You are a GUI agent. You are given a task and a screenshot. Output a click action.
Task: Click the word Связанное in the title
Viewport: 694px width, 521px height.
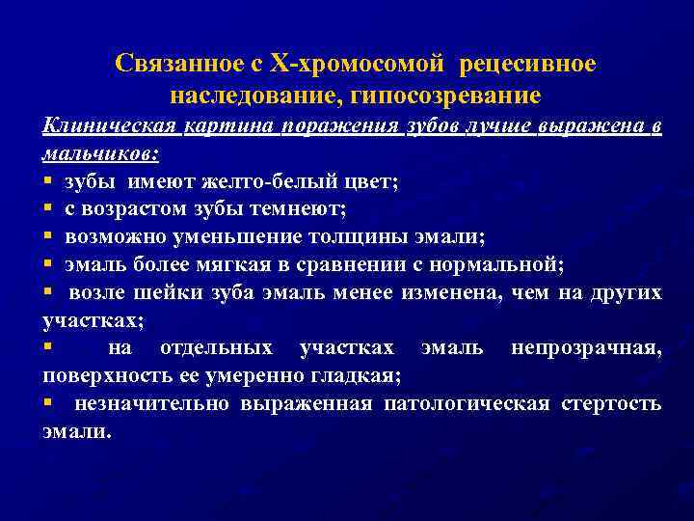[x=179, y=65]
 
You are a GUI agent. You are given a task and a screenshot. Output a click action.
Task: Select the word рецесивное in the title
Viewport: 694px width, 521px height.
[x=528, y=65]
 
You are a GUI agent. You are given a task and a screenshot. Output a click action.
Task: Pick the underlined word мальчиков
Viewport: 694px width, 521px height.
[x=100, y=152]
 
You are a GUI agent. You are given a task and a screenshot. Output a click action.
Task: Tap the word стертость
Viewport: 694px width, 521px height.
[x=611, y=402]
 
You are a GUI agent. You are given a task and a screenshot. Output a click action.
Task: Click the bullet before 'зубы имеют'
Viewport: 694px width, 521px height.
[x=47, y=180]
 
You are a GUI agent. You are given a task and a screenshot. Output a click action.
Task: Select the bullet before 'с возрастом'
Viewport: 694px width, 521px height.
[x=47, y=206]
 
